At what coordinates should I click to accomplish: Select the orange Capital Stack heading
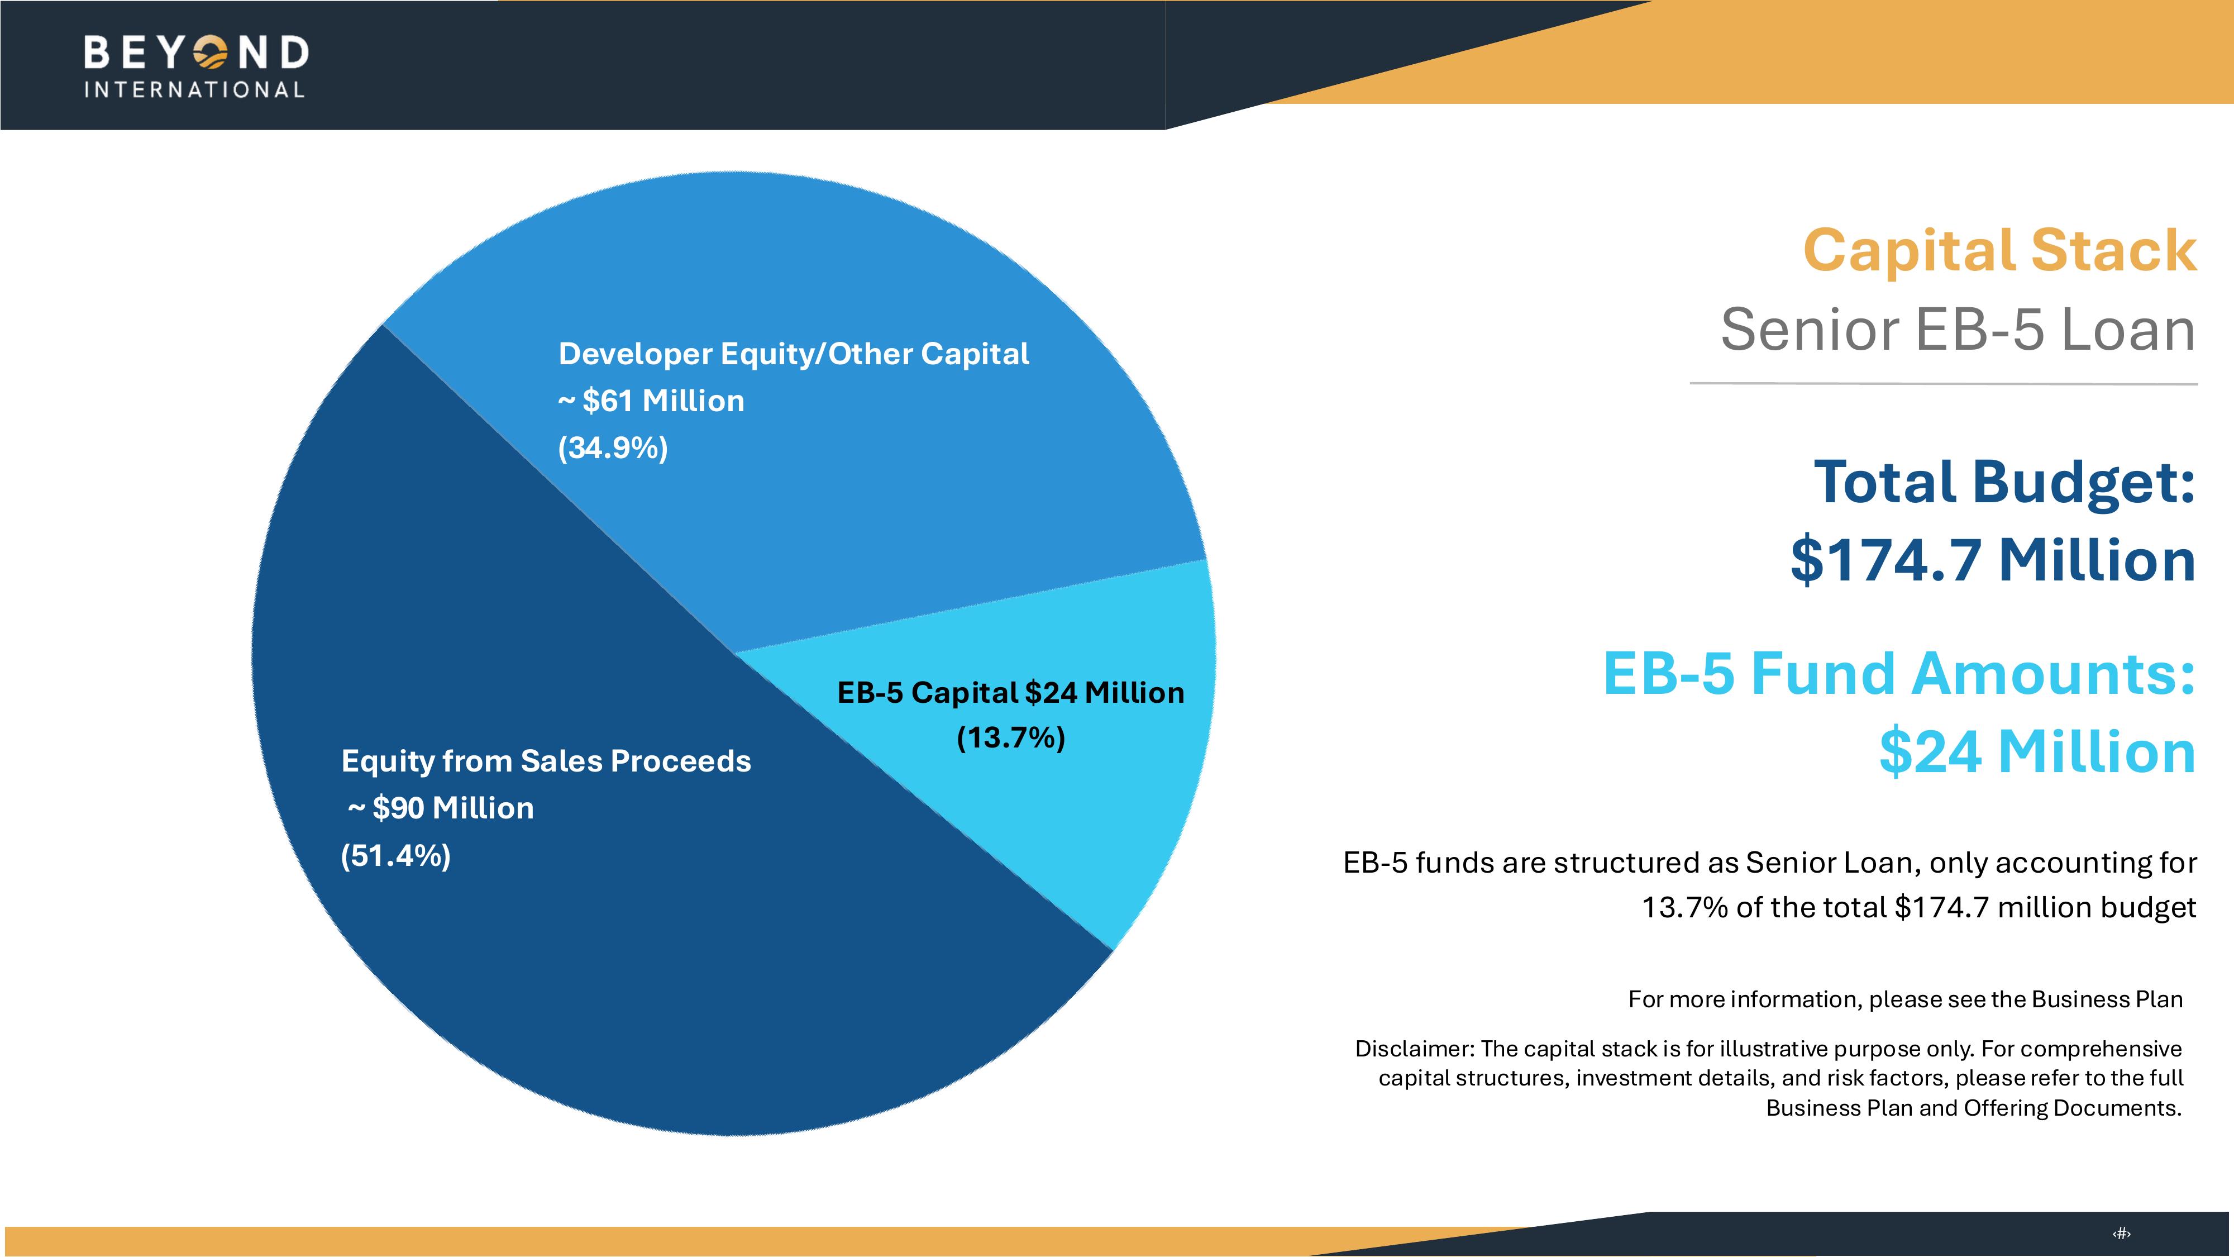[1999, 251]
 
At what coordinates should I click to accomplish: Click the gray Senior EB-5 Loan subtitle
[1958, 331]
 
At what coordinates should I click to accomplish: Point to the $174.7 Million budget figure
[1992, 560]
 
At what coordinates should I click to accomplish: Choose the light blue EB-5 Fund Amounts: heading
[1898, 674]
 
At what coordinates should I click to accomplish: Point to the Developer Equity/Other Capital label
[794, 354]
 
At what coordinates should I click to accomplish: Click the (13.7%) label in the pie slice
[1010, 738]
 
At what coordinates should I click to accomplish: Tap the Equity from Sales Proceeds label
[546, 761]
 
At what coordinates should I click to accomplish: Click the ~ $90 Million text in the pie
[441, 808]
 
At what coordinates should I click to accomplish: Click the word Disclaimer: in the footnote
[1414, 1049]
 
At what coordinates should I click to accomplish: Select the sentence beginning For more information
[1904, 999]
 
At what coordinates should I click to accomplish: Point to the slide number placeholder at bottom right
[2121, 1234]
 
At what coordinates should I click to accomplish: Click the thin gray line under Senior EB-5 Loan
[1942, 383]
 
